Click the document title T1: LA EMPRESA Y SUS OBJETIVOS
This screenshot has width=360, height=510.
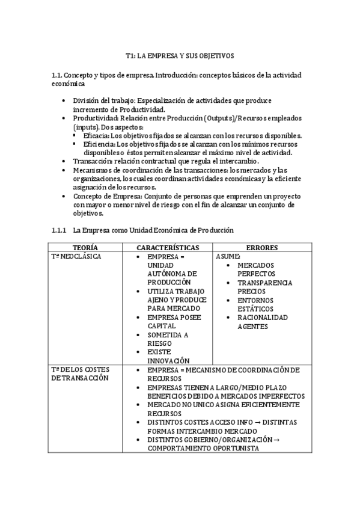[x=180, y=56]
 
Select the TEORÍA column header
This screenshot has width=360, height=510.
[x=85, y=248]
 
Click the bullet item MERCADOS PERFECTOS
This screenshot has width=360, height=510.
[x=255, y=269]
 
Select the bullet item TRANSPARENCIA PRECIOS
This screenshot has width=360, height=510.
[x=264, y=287]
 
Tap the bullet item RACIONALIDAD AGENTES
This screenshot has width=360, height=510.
[x=262, y=322]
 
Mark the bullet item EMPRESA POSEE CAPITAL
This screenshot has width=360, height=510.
[x=174, y=322]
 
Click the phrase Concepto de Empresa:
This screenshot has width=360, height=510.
[x=106, y=197]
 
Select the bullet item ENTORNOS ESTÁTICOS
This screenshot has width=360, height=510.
[x=255, y=304]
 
